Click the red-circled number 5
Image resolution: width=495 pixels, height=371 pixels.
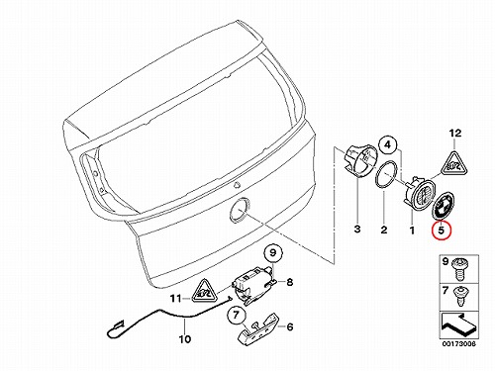(442, 230)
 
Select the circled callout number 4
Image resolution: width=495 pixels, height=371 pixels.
(388, 144)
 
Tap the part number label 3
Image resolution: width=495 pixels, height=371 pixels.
(357, 229)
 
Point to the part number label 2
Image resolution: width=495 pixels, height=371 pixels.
(384, 230)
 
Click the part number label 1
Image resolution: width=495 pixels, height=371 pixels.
(412, 231)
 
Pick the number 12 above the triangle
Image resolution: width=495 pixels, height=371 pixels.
(455, 134)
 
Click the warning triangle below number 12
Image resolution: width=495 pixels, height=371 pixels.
(454, 164)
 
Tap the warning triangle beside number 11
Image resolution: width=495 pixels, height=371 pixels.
(205, 291)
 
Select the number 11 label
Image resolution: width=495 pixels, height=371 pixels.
(176, 299)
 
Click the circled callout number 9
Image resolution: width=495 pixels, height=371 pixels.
(273, 253)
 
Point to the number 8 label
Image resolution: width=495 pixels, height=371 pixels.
(289, 282)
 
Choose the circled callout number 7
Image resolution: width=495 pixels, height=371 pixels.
(236, 315)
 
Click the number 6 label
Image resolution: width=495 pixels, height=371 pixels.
(290, 326)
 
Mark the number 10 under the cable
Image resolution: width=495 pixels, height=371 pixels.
(185, 338)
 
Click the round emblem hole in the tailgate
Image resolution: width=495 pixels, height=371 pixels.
(240, 210)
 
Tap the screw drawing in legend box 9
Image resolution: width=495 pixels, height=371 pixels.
(459, 269)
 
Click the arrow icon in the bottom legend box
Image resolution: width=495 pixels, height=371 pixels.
(458, 325)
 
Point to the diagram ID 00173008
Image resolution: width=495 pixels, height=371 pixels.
(459, 343)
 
